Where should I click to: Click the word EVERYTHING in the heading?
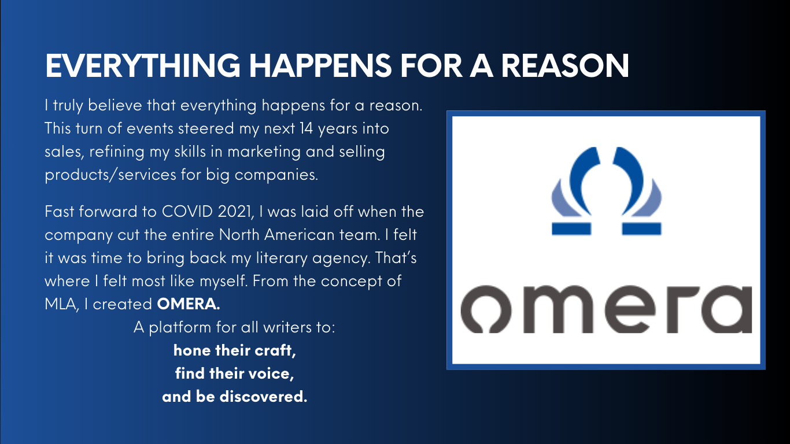coord(143,65)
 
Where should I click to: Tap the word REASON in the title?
coord(565,65)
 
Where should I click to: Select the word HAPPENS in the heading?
coord(320,65)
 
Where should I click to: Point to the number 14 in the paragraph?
coord(306,128)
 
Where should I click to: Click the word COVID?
coord(187,212)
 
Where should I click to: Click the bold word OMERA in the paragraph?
coord(189,304)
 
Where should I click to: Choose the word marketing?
coord(264,152)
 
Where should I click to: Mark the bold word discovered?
coord(263,397)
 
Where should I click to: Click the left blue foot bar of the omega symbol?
coord(571,229)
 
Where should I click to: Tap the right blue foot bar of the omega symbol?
coord(641,229)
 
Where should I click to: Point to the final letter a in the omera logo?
coord(727,309)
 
